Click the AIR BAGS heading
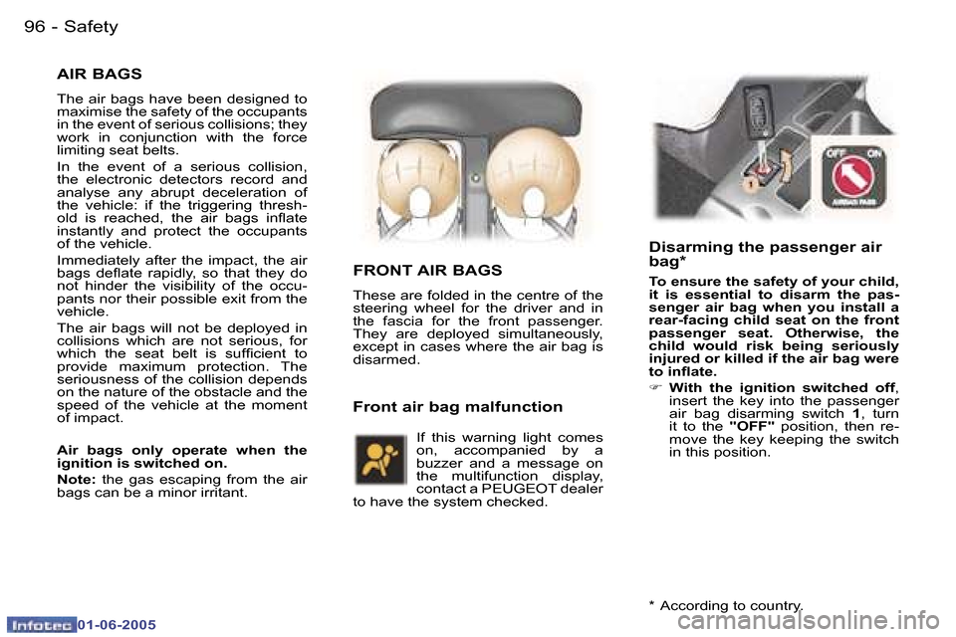100,74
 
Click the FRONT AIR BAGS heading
427,270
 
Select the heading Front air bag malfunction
457,406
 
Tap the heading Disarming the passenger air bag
765,254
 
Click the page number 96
35,27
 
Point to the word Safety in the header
91,27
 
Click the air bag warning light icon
380,459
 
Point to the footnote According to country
724,605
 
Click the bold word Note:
76,479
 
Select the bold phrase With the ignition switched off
783,387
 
